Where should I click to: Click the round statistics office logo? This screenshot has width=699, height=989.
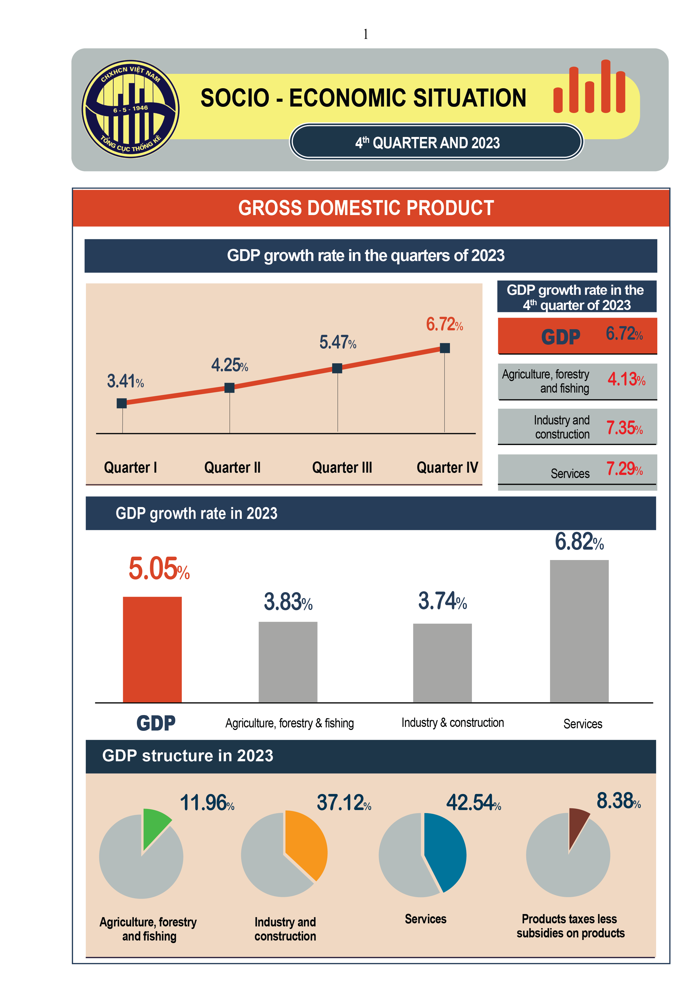pyautogui.click(x=130, y=109)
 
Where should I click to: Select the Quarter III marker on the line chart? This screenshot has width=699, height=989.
pyautogui.click(x=337, y=368)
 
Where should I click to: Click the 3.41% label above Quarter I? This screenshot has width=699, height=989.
pyautogui.click(x=125, y=381)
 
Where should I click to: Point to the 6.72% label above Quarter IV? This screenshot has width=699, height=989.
pyautogui.click(x=444, y=324)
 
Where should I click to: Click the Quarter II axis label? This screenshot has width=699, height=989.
pyautogui.click(x=232, y=467)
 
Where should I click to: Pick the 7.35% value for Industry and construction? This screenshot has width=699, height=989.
pyautogui.click(x=624, y=428)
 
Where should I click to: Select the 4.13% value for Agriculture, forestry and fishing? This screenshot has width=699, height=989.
pyautogui.click(x=626, y=379)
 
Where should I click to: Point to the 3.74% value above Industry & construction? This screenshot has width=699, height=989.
pyautogui.click(x=442, y=601)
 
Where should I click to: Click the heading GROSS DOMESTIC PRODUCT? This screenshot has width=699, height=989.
pyautogui.click(x=366, y=208)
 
